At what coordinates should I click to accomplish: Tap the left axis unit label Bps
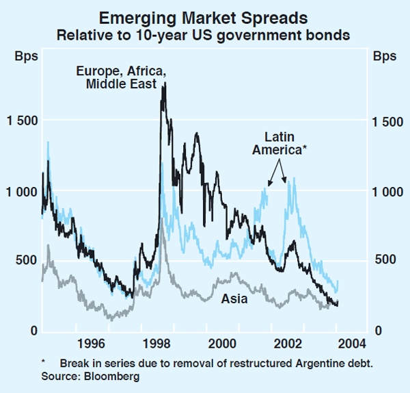coord(24,57)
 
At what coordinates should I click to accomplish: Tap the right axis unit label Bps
coord(385,57)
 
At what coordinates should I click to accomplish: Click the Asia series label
coord(234,299)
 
